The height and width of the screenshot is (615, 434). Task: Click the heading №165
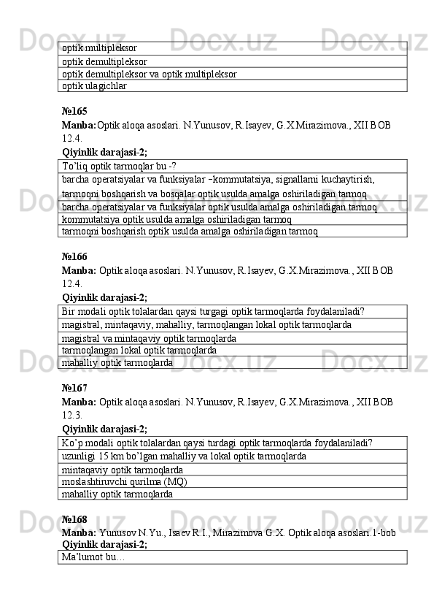74,112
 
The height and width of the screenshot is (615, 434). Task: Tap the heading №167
74,389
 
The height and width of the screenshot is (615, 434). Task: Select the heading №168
74,520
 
